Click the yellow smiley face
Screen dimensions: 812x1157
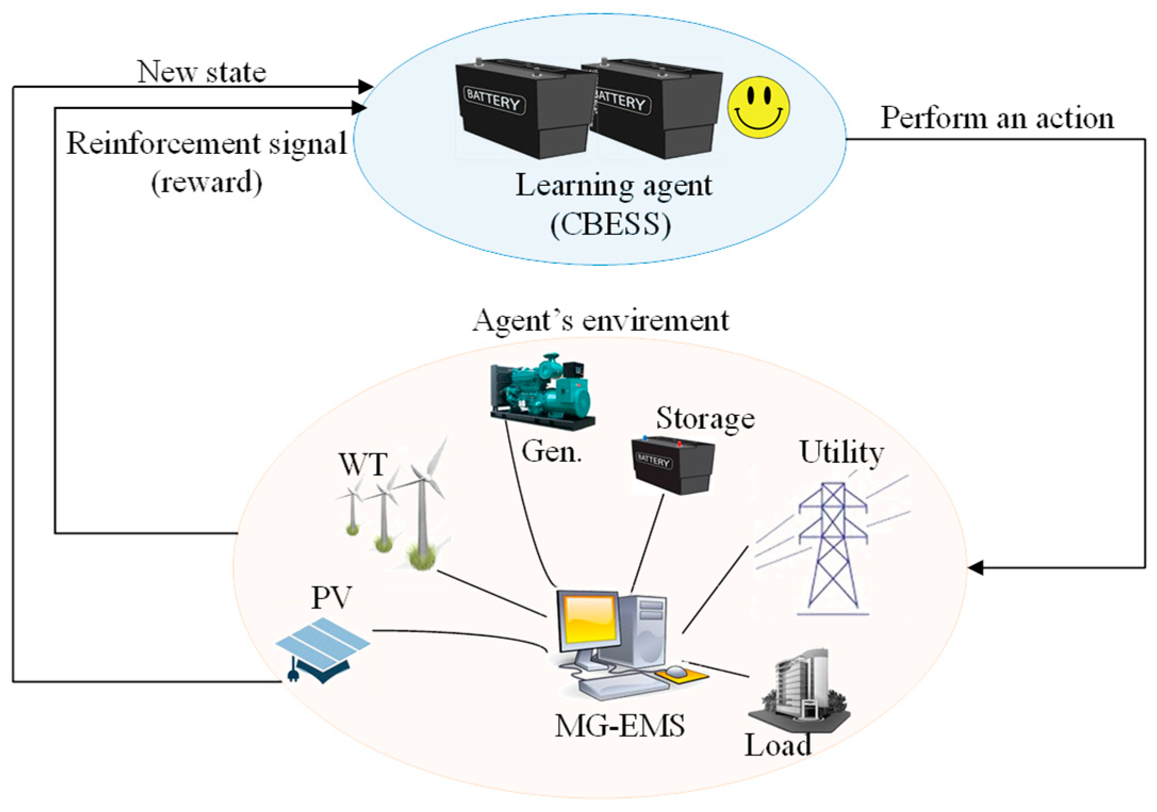pos(758,107)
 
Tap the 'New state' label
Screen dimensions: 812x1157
pos(202,72)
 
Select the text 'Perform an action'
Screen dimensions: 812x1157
pos(997,118)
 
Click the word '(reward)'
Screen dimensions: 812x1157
pos(206,183)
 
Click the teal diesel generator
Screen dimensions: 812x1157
pos(542,392)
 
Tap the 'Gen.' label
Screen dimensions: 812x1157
pos(551,452)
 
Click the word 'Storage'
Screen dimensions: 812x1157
pos(705,418)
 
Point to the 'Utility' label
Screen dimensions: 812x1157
pos(841,453)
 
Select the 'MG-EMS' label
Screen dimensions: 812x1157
pos(619,726)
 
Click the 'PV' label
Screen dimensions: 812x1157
pos(331,597)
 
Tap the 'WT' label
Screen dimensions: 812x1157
pos(363,464)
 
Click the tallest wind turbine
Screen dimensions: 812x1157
pos(423,506)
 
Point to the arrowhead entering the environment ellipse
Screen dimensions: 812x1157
pos(976,568)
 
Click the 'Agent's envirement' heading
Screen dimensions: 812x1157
pos(600,321)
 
